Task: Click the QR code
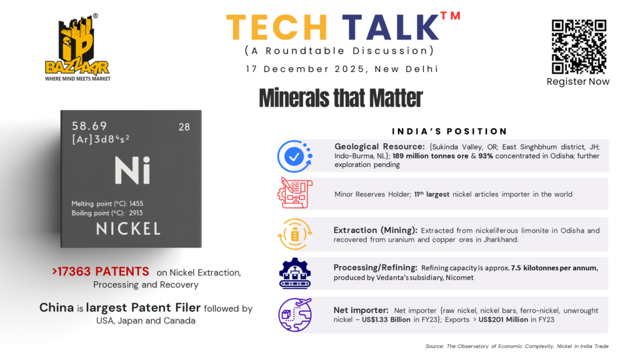579,46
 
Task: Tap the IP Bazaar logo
77,47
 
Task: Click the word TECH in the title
277,27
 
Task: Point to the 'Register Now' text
578,82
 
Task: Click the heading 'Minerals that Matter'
341,98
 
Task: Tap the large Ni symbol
132,170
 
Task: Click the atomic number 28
184,127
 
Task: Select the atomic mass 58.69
89,126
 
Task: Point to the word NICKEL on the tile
128,229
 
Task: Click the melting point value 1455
136,204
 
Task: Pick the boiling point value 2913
136,213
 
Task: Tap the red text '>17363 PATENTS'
101,271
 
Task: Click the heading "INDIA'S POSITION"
449,131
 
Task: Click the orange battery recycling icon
295,234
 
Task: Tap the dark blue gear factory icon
295,274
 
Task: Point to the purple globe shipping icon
295,315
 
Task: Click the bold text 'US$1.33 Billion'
386,319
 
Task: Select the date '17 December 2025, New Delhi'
342,69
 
